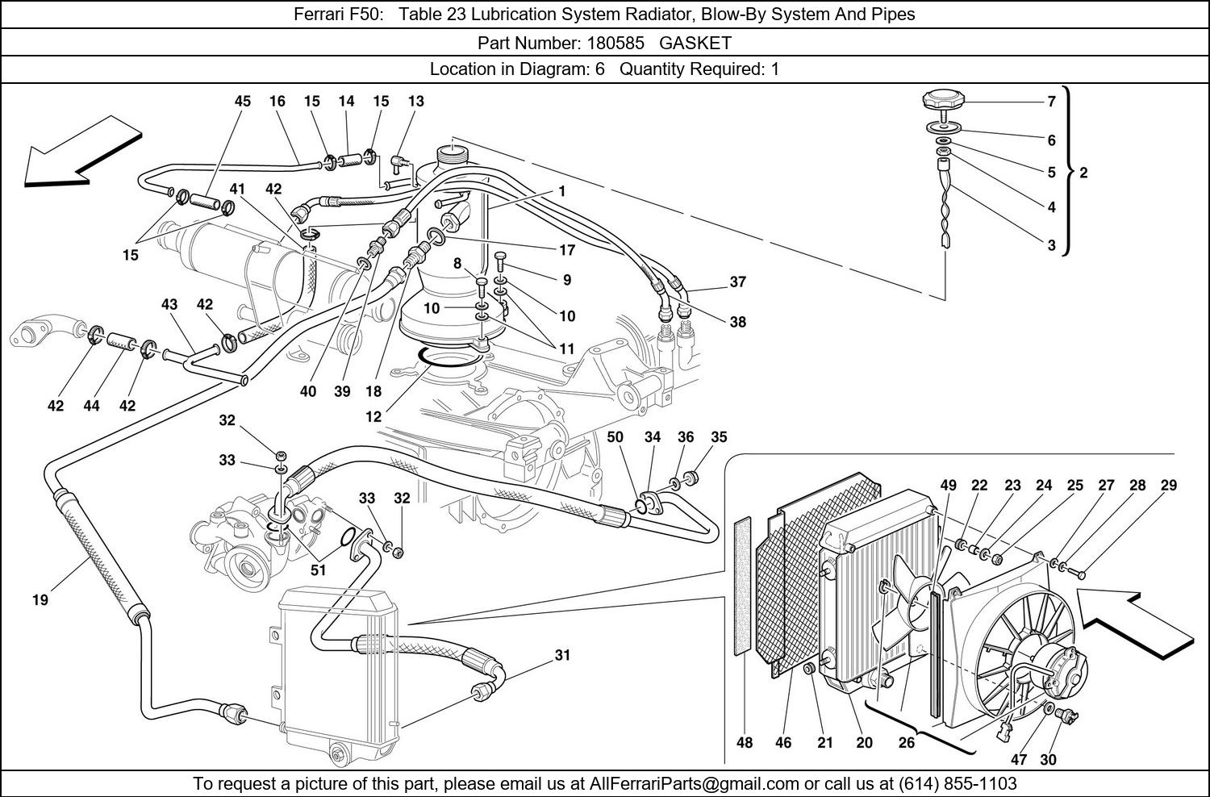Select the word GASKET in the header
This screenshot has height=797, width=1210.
[695, 43]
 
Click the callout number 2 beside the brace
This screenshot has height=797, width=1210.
[1083, 173]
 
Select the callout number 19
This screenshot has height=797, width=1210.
[40, 599]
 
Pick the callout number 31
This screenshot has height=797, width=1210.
[562, 655]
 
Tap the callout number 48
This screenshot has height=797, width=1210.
[745, 742]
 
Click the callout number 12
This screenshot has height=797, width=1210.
[373, 417]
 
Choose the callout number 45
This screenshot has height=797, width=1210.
[243, 101]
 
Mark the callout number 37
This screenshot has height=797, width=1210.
[737, 282]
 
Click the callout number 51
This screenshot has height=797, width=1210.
[319, 570]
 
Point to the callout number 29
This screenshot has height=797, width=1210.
[1169, 485]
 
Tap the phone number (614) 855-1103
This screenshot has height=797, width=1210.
[958, 783]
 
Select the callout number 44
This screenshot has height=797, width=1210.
[91, 406]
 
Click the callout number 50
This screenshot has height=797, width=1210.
[615, 436]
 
